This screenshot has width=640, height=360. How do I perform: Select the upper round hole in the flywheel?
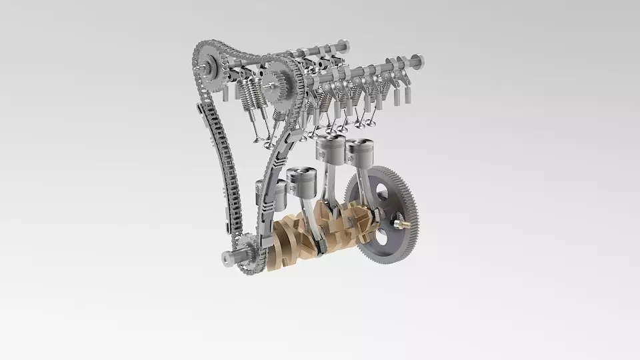tap(382, 192)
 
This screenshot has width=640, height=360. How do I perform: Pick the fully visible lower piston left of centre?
tap(303, 181)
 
